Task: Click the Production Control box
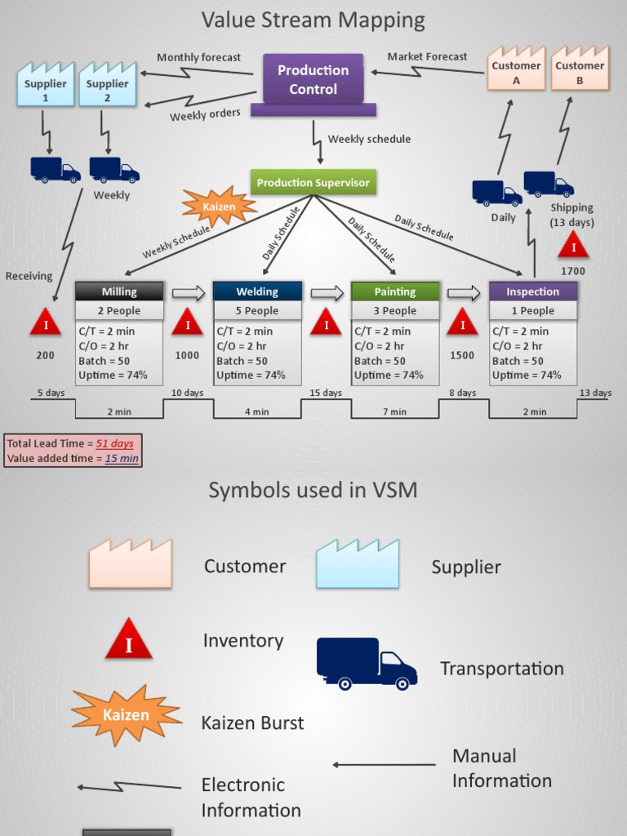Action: click(313, 79)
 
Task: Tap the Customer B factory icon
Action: click(580, 70)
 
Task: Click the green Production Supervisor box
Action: click(313, 183)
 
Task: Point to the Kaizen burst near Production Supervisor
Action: click(219, 206)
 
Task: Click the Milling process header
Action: click(119, 291)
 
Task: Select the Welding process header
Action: click(257, 291)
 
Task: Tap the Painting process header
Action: click(395, 291)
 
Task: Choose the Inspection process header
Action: click(532, 291)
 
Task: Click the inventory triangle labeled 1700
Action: click(573, 246)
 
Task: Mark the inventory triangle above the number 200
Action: click(46, 324)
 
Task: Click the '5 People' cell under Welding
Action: click(257, 311)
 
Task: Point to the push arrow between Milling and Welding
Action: click(189, 293)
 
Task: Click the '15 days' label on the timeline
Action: click(326, 393)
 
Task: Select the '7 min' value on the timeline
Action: click(394, 411)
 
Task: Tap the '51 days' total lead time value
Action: click(114, 443)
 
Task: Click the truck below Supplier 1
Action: click(55, 170)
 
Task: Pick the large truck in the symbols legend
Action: click(367, 663)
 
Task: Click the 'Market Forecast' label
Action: click(427, 56)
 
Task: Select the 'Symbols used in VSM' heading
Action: click(313, 490)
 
